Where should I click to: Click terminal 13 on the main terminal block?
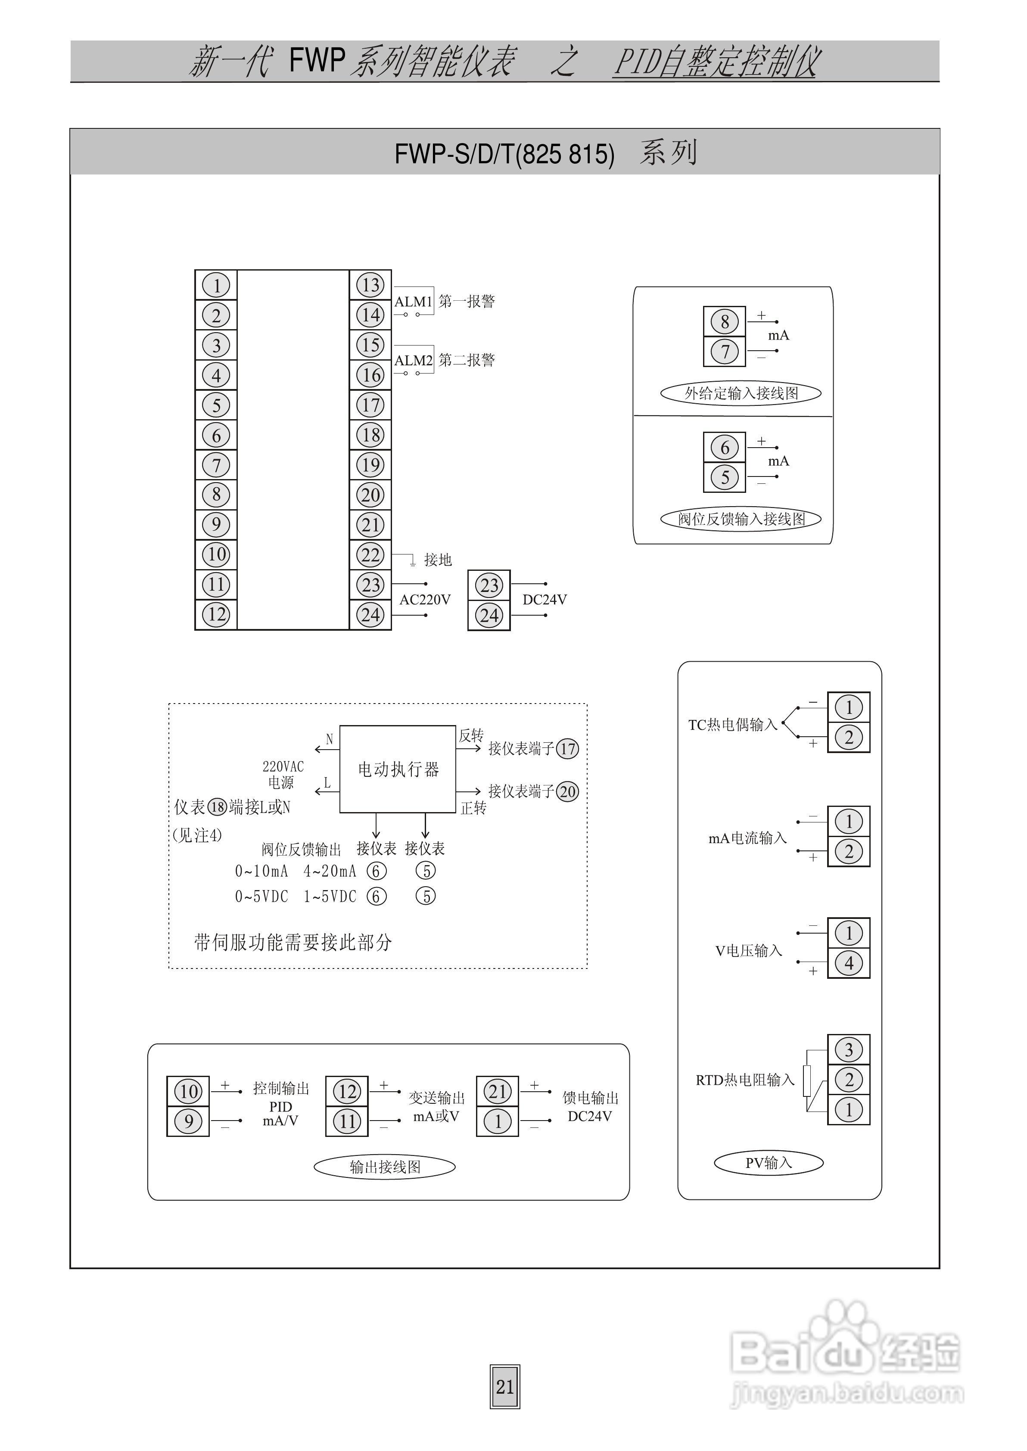[370, 285]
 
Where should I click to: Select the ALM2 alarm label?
[413, 360]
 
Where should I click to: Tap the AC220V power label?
[425, 599]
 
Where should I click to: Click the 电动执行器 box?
[398, 769]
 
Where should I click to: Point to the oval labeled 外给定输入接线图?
[741, 393]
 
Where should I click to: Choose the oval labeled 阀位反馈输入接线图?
[741, 519]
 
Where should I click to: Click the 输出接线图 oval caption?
[385, 1167]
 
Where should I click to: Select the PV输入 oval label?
[769, 1163]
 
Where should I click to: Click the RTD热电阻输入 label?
[744, 1080]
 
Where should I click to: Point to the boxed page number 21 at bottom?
[504, 1386]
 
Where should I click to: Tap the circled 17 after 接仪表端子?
[567, 749]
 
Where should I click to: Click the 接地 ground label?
[438, 560]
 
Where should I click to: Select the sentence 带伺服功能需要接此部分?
[293, 943]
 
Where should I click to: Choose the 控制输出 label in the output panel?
[281, 1088]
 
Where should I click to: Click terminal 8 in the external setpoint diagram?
[725, 322]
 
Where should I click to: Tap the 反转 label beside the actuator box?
[471, 735]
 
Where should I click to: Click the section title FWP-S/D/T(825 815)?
[504, 154]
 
